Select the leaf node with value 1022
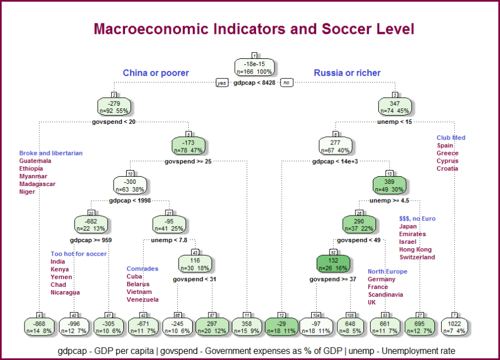pos(454,327)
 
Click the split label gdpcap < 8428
pos(254,83)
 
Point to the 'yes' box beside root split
pos(222,83)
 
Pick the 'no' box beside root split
pos(287,83)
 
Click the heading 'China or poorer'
pos(156,73)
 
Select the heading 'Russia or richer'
pos(347,73)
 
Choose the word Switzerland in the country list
pos(417,257)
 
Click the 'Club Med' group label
pos(451,138)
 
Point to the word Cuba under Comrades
pos(134,276)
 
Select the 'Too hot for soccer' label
pos(78,254)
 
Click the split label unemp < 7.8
pos(168,240)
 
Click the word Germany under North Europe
pos(382,279)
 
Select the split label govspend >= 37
pos(333,279)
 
